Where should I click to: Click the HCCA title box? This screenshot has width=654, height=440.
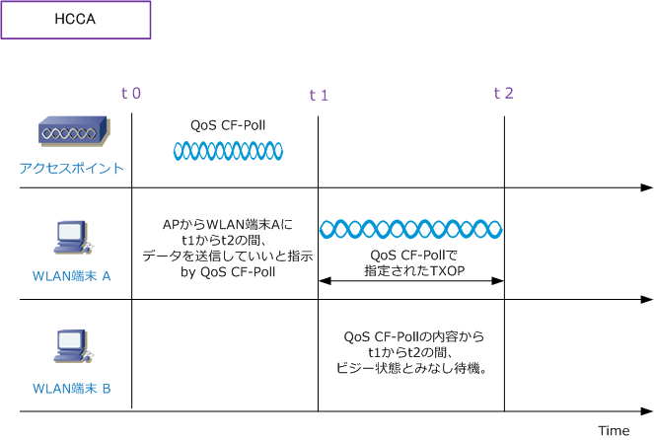click(76, 20)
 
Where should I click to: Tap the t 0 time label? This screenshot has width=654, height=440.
click(130, 94)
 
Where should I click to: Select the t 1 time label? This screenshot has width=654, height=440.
click(318, 95)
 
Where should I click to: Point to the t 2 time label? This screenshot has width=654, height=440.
click(503, 94)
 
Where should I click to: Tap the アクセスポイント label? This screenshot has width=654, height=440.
click(72, 168)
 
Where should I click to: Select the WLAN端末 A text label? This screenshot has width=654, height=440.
click(72, 276)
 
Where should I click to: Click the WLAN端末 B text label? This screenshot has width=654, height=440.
click(72, 388)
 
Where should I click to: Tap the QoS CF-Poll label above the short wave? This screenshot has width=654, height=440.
click(228, 125)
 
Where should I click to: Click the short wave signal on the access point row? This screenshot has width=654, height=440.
click(228, 150)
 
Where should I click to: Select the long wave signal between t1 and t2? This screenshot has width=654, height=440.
click(410, 229)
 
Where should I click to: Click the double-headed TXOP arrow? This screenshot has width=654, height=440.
click(410, 282)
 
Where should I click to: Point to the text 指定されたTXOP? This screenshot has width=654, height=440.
click(411, 269)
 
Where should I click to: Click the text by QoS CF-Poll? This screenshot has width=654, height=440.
click(227, 271)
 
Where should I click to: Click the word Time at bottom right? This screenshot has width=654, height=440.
click(613, 430)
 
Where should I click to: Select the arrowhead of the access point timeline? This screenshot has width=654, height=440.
click(646, 186)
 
